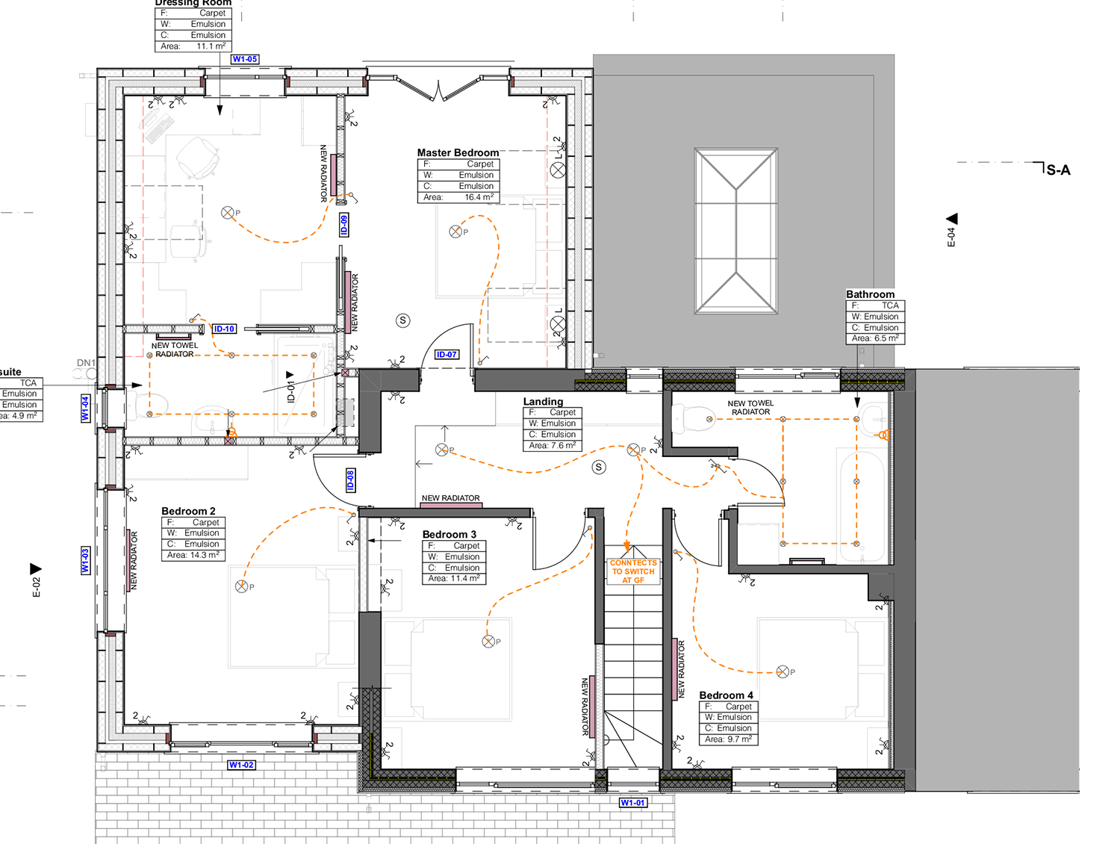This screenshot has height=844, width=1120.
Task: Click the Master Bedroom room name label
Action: pos(458,152)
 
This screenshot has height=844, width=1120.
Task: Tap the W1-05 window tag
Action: pos(245,59)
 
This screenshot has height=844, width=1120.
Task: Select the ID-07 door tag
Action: pos(447,355)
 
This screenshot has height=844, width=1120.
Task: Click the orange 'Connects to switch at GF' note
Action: pos(633,571)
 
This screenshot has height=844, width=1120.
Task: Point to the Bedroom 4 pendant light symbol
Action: pos(783,671)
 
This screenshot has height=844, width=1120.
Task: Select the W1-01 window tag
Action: pos(633,803)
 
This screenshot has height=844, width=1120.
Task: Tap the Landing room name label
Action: pos(543,401)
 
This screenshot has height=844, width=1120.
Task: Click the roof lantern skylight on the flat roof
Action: pos(736,231)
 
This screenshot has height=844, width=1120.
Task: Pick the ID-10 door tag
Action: pos(225,329)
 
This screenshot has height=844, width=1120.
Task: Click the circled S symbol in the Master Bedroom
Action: pos(403,320)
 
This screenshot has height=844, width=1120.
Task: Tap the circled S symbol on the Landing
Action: pos(599,468)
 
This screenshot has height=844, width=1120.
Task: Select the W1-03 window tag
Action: pos(85,560)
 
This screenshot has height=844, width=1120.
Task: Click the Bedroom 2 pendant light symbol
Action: pos(241,586)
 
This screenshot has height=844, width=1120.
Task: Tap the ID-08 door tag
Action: pos(350,480)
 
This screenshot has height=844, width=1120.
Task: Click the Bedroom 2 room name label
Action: pos(188,511)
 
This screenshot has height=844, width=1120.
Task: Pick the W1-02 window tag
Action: pos(242,765)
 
